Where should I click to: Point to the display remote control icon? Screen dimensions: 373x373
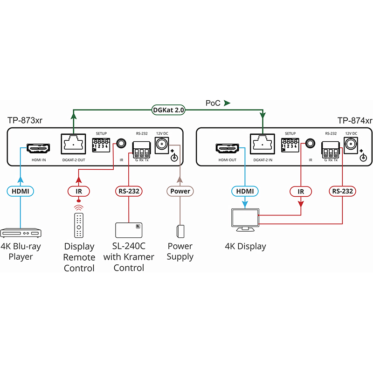(x=79, y=226)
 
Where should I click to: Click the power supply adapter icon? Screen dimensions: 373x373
(x=180, y=231)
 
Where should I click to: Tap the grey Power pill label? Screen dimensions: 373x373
(x=180, y=191)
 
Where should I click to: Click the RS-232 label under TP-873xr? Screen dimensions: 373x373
(x=128, y=191)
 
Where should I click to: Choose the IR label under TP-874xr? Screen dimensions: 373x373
(x=301, y=191)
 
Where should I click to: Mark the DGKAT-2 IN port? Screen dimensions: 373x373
(x=262, y=145)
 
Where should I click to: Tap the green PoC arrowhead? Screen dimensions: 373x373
(x=227, y=103)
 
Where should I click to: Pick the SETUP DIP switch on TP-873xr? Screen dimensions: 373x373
(x=101, y=144)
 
